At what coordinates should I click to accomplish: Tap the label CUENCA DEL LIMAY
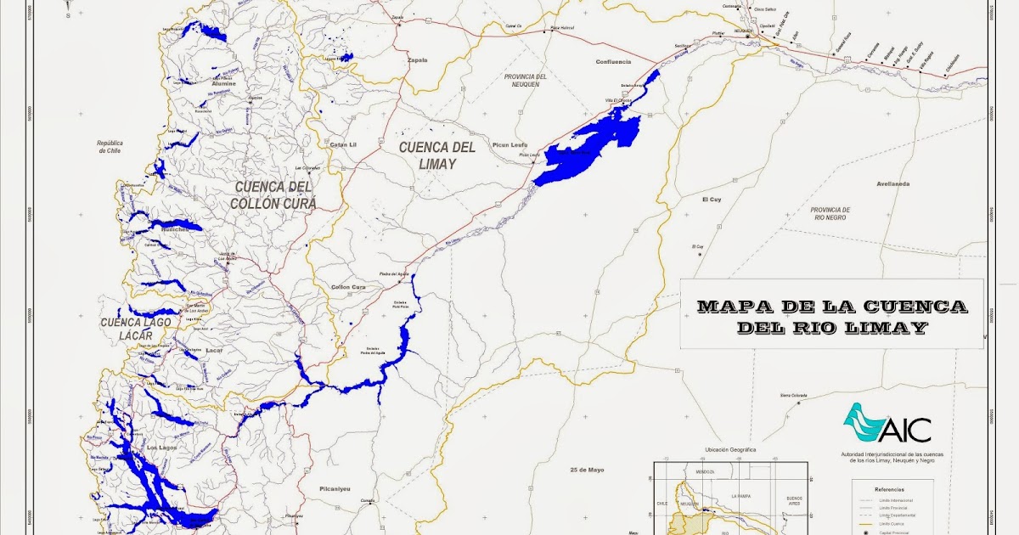pyautogui.click(x=437, y=155)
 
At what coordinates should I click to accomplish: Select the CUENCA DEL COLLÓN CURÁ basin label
pyautogui.click(x=273, y=195)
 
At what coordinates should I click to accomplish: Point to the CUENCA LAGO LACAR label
pyautogui.click(x=136, y=329)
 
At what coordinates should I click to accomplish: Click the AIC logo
pyautogui.click(x=887, y=425)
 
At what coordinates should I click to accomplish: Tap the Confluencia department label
pyautogui.click(x=613, y=61)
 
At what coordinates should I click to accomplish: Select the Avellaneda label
pyautogui.click(x=893, y=183)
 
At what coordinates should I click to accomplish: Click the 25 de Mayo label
pyautogui.click(x=587, y=469)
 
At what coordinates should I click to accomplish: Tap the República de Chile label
pyautogui.click(x=110, y=148)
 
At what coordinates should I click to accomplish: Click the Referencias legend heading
pyautogui.click(x=892, y=489)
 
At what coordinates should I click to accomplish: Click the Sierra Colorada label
pyautogui.click(x=793, y=395)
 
